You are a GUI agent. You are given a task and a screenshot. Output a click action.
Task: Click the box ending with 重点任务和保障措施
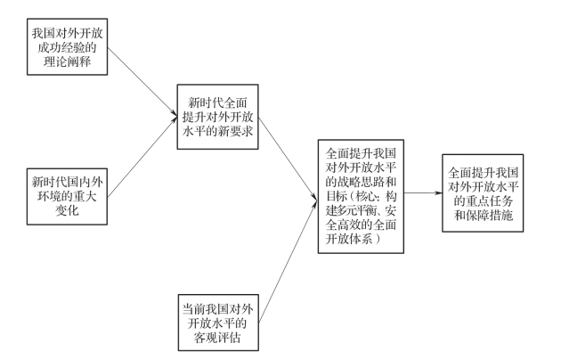coord(484,192)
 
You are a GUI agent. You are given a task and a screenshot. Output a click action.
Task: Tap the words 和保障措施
coord(484,215)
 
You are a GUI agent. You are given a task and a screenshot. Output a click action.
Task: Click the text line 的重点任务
coord(484,200)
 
